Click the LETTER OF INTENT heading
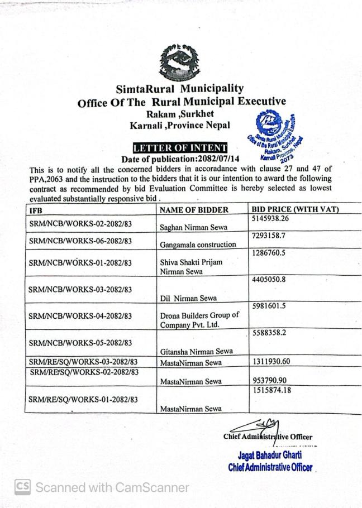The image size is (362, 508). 179,148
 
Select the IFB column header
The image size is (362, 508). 35,210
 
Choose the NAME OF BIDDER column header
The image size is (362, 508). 194,210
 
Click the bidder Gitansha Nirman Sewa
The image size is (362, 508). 196,351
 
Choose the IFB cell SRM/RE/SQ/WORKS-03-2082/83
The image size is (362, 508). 83,362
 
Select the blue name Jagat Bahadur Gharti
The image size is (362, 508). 270,455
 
